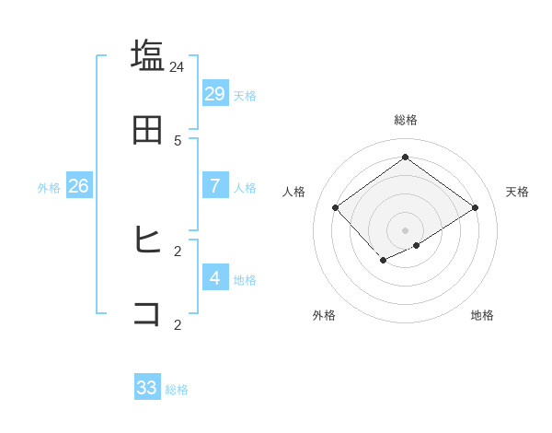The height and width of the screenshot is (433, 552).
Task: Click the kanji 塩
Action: tap(147, 55)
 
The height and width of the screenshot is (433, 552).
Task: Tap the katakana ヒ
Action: tap(147, 240)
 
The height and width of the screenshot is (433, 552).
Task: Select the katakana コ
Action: tap(147, 313)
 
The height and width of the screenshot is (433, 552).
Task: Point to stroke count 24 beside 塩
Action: tap(178, 67)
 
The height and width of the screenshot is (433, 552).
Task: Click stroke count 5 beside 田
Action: tap(178, 141)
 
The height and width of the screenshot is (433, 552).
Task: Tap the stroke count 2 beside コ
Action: tap(178, 324)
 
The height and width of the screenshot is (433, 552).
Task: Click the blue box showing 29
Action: tap(215, 94)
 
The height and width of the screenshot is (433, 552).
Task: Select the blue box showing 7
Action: tap(215, 186)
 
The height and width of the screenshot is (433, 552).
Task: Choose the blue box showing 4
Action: tap(215, 277)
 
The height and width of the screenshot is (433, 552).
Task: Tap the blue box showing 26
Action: tap(78, 186)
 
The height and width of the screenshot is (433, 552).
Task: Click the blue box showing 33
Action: tap(147, 388)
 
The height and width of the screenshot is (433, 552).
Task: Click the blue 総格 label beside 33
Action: tap(178, 390)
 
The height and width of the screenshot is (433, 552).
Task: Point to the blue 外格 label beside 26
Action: tap(49, 188)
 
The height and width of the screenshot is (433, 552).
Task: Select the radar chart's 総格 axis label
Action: tap(406, 120)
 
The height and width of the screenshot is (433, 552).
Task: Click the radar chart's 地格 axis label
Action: tap(482, 315)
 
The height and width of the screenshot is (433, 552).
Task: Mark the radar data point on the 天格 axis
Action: tap(475, 207)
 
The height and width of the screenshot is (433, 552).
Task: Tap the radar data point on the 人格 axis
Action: tap(336, 207)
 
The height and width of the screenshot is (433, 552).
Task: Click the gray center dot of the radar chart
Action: tap(405, 229)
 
